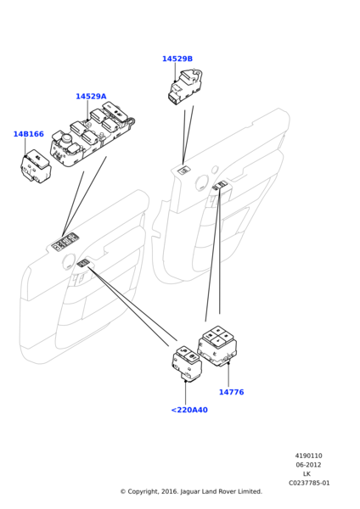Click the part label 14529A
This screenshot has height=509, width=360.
click(91, 97)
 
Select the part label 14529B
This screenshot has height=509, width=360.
click(177, 59)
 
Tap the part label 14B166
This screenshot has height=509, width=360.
click(29, 134)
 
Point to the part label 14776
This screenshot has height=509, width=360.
click(231, 392)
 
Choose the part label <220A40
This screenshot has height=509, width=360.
click(189, 410)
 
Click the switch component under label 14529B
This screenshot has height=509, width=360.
click(185, 87)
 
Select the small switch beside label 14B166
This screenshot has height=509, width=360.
click(36, 166)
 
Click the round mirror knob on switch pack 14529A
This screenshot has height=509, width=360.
click(66, 140)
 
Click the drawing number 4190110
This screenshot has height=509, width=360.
click(309, 456)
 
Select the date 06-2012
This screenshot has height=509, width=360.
click(308, 465)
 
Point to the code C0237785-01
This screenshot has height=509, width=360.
click(309, 483)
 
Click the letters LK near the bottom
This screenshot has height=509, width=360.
click(307, 474)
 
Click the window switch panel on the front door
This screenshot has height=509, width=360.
click(65, 242)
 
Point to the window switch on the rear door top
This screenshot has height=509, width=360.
click(184, 170)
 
